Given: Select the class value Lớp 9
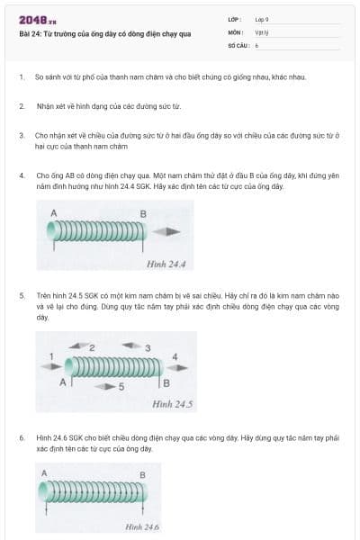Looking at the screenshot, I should (x=262, y=19).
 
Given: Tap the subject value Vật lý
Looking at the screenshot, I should (x=262, y=31).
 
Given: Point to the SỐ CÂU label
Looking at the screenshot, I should (x=237, y=44).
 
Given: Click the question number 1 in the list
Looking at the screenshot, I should (x=21, y=76).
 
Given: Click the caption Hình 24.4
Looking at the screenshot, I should (x=166, y=264).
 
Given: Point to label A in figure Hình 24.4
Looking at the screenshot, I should (x=54, y=212).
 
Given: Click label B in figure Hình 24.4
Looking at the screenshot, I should (x=142, y=213).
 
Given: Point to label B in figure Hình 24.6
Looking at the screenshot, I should (x=141, y=474).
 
